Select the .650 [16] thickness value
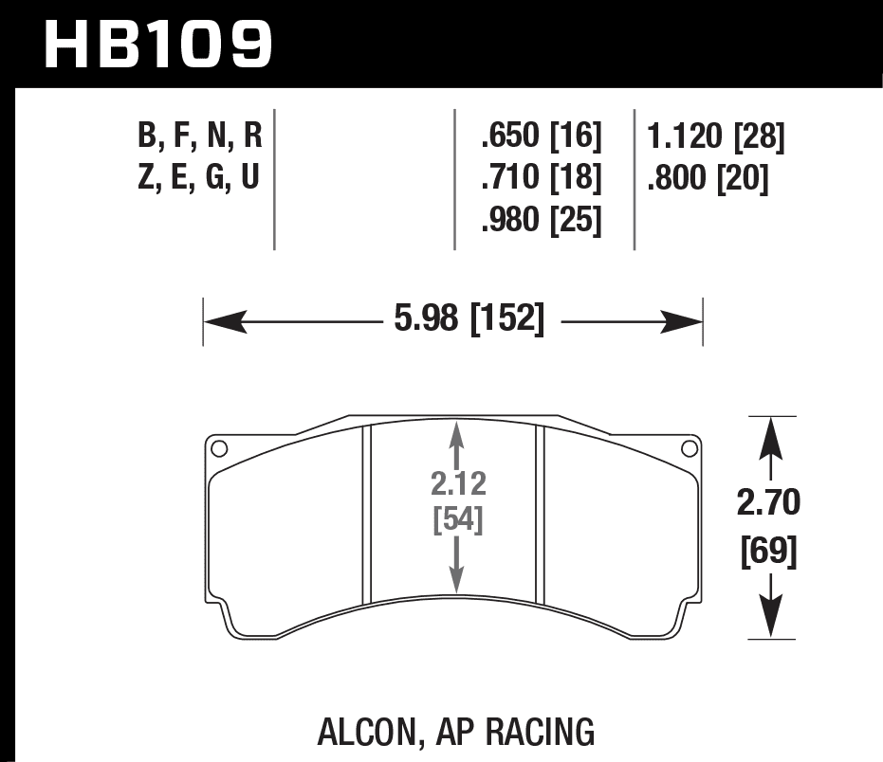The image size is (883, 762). coord(542,138)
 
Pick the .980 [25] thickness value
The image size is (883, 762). coord(542,220)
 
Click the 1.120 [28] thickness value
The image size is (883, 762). coord(715,138)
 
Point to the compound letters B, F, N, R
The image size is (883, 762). coord(199,138)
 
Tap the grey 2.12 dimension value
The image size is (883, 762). coord(458,484)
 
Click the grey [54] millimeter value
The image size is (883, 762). coord(458,520)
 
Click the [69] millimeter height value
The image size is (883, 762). coord(769,549)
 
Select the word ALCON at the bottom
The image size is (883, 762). coord(363,732)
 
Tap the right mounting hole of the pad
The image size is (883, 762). coord(690,449)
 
